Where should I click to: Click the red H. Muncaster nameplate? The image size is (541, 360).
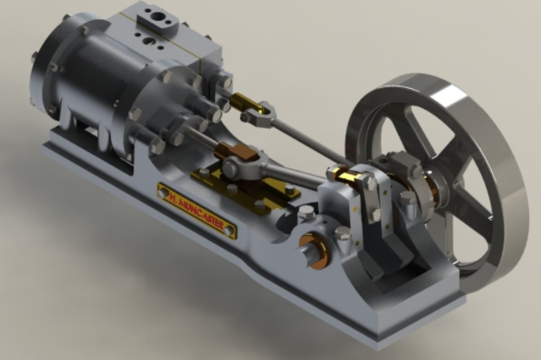click(196, 207)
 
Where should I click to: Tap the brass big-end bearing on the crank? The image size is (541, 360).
click(345, 173)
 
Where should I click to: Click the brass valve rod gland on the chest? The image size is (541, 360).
click(227, 85)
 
